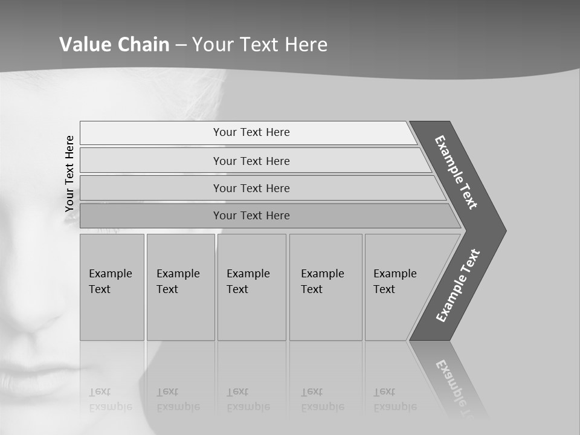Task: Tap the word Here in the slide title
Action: point(306,45)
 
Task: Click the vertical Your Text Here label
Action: point(69,173)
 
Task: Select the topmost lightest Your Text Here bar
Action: point(251,132)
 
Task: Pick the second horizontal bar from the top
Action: point(251,161)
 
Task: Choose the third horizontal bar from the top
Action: point(251,188)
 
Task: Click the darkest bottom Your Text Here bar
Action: point(251,216)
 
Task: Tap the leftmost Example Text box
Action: point(112,287)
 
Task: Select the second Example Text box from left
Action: point(180,287)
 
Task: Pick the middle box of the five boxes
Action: point(251,287)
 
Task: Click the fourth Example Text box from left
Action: point(325,287)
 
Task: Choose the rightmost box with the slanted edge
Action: point(399,287)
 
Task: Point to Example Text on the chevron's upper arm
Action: point(457,172)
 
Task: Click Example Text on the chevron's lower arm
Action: point(458,285)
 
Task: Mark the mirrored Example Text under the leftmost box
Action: point(111,400)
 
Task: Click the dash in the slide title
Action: point(181,45)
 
